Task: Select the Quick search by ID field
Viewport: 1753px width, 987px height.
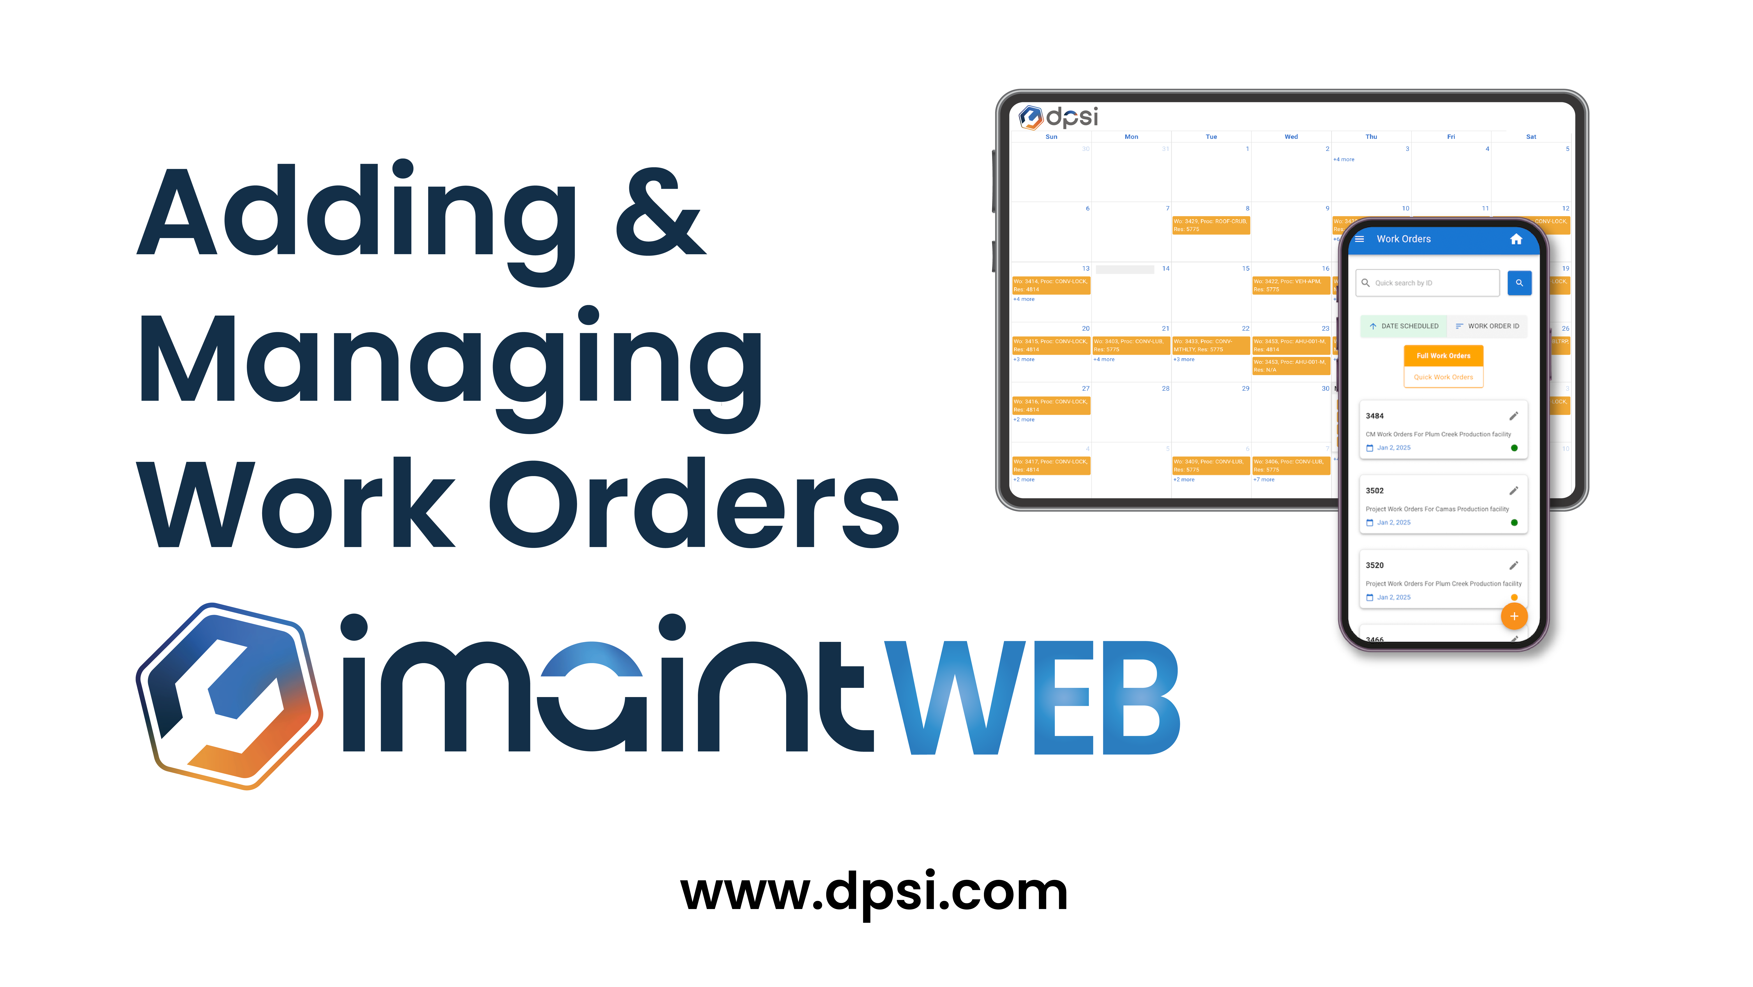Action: tap(1428, 283)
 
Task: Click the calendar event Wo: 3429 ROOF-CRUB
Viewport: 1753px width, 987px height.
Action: tap(1211, 225)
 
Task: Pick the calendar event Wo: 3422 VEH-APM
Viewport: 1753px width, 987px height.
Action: tap(1290, 285)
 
